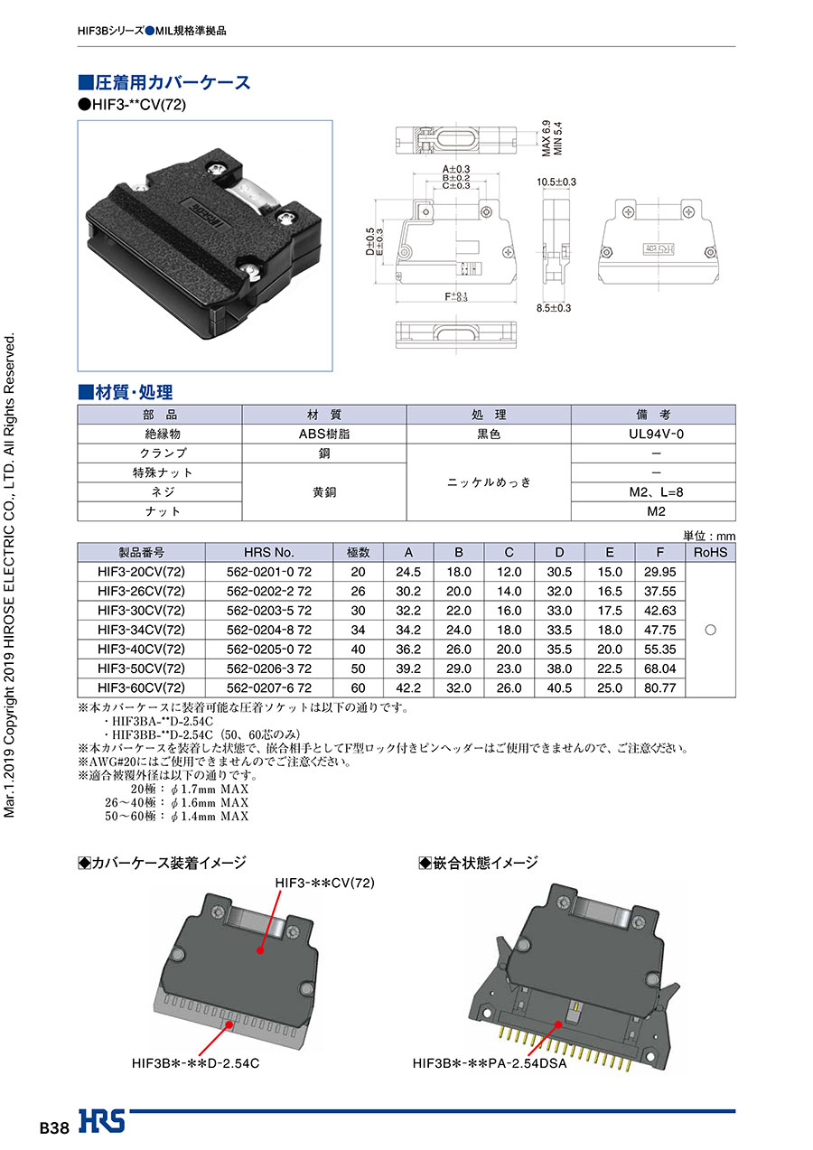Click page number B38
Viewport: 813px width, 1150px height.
pyautogui.click(x=54, y=1128)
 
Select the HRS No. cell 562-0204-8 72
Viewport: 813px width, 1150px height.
pyautogui.click(x=269, y=630)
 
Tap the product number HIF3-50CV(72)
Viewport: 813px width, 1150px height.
pyautogui.click(x=141, y=668)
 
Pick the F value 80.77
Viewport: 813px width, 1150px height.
pyautogui.click(x=660, y=687)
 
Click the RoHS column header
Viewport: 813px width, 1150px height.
pyautogui.click(x=710, y=552)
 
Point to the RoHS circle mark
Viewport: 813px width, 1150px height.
pyautogui.click(x=710, y=630)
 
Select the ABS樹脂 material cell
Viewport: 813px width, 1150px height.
pyautogui.click(x=324, y=434)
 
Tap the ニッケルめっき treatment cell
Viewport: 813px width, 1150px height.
pyautogui.click(x=489, y=482)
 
